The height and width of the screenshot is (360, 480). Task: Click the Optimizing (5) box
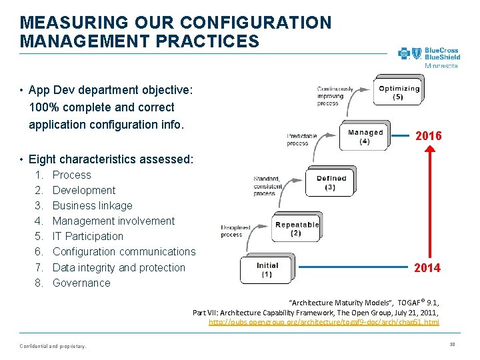point(399,92)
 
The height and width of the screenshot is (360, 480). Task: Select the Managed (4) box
point(365,136)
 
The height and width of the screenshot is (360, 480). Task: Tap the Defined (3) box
point(331,182)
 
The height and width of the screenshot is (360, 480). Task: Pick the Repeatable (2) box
point(297,228)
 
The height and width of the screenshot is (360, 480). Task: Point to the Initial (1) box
point(267,269)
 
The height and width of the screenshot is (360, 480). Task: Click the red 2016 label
point(428,136)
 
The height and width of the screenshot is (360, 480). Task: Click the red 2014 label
point(427,268)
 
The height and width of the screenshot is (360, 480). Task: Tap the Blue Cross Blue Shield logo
point(429,56)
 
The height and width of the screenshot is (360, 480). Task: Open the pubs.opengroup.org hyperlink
point(323,322)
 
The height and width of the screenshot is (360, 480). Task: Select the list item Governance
point(81,283)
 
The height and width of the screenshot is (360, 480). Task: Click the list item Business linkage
point(92,205)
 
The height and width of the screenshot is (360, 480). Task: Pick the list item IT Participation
point(87,236)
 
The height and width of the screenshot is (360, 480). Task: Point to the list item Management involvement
point(113,221)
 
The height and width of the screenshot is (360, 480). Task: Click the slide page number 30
point(451,344)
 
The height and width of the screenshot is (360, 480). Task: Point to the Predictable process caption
point(302,139)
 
